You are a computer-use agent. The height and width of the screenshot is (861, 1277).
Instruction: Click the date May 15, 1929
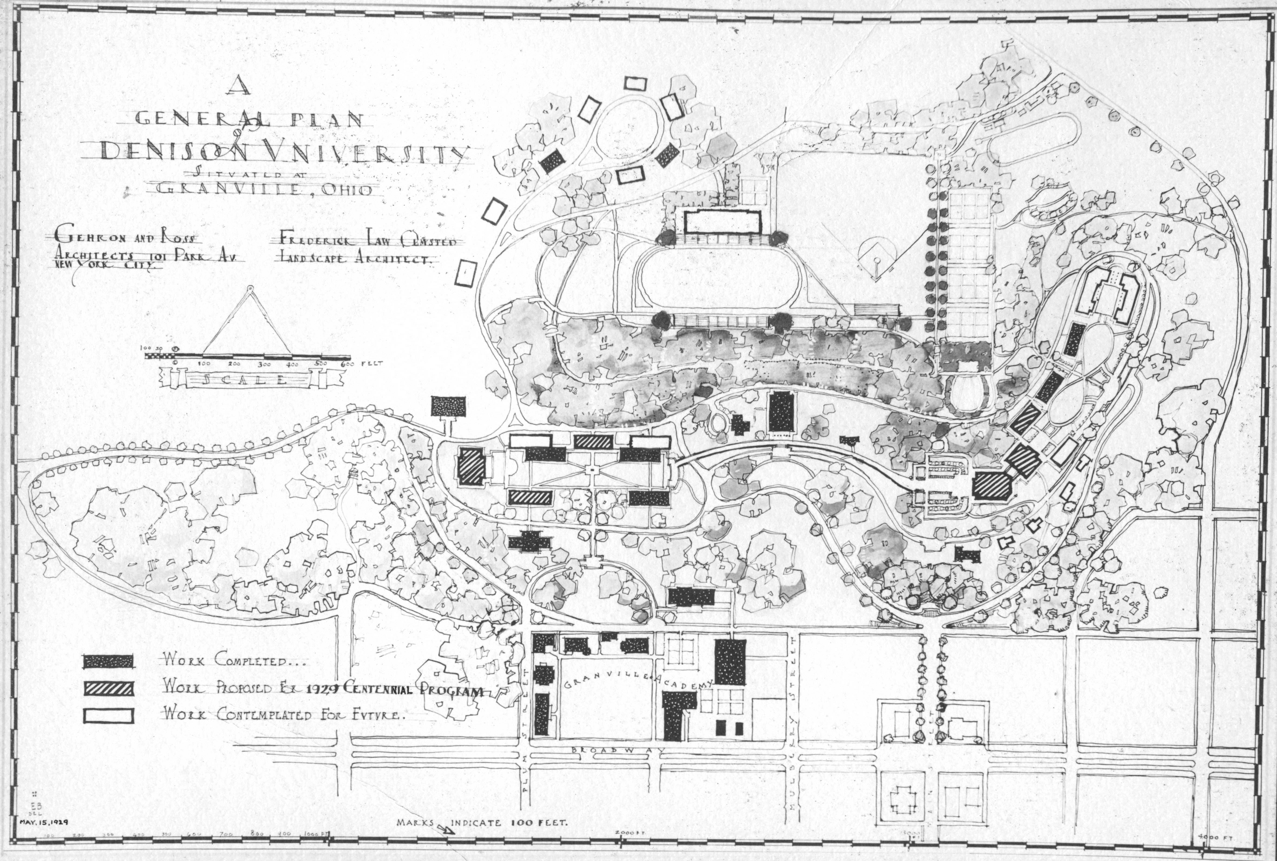tap(44, 822)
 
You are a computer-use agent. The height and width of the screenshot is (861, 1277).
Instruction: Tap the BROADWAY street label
tap(618, 750)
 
